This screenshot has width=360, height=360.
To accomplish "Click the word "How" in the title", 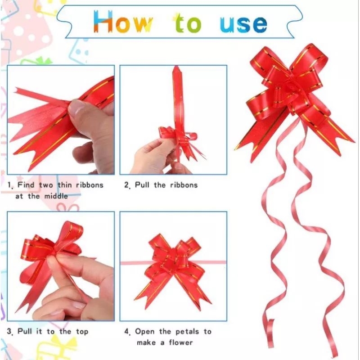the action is (x=123, y=21).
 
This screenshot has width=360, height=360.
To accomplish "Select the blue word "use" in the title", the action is (x=243, y=24).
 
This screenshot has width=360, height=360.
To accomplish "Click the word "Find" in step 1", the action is (x=26, y=185).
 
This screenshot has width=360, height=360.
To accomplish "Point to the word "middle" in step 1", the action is (x=56, y=196).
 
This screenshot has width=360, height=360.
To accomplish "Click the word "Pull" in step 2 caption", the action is (x=142, y=185).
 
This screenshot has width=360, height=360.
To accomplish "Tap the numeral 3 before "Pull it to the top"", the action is (x=9, y=332).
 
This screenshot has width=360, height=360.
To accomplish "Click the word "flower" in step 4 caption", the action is (x=181, y=342).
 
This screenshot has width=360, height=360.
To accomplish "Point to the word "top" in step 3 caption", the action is (x=82, y=332).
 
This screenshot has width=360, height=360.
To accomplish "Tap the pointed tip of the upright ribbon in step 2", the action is (x=176, y=67).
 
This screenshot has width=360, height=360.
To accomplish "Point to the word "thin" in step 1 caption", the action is (x=65, y=185).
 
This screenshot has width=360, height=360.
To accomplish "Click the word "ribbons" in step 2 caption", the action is (x=184, y=185).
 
